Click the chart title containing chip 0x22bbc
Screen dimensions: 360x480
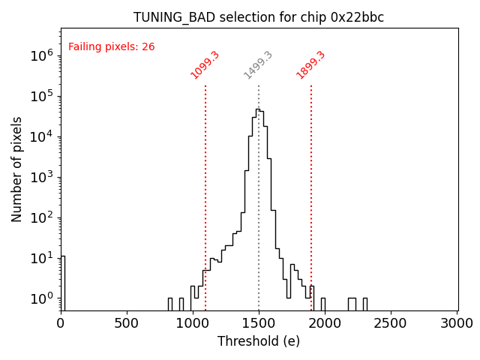[259, 17]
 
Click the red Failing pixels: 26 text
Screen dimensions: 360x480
[111, 46]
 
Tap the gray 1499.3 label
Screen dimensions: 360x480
[258, 65]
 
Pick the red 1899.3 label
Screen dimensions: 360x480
[310, 65]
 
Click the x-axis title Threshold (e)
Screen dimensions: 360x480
[259, 341]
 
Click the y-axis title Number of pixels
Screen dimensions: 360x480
[17, 169]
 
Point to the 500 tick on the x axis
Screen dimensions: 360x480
[127, 323]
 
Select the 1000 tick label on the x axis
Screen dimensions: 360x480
[193, 323]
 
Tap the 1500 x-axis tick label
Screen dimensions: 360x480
[259, 323]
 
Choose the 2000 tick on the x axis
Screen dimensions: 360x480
[325, 323]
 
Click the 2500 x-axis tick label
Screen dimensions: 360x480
[391, 323]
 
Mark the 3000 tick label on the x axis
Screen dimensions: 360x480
[457, 323]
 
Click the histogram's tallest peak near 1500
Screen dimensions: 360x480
[257, 110]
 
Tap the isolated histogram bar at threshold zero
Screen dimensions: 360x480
[63, 281]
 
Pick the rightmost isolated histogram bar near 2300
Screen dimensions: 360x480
[365, 303]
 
